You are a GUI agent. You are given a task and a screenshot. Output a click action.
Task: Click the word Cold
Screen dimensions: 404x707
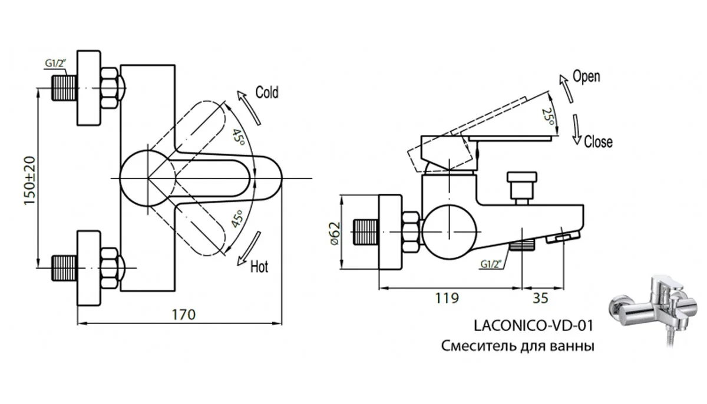point(267,92)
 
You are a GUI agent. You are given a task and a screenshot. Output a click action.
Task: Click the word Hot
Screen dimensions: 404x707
point(259,267)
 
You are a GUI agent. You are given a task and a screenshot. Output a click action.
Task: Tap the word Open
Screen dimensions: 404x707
point(586,77)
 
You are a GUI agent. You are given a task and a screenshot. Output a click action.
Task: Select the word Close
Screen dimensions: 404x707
point(598,142)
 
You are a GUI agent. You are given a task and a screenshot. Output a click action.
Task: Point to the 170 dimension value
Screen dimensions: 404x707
point(184,314)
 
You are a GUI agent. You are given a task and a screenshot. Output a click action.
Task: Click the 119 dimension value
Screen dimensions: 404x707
point(447,298)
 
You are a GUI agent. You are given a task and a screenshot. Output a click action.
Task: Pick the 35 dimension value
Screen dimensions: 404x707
point(540,298)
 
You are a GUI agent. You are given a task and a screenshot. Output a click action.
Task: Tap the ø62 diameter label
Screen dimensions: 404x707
point(334,234)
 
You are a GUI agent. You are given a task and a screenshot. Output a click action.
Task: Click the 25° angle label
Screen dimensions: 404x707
point(547,117)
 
